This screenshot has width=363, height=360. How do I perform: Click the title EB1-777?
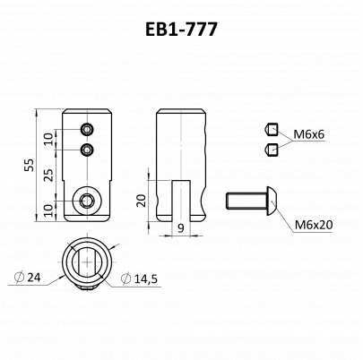[181, 30]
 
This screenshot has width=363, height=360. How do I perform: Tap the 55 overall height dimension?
[30, 165]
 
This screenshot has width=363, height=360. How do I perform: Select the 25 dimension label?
[49, 176]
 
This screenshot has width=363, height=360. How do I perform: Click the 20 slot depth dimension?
[143, 201]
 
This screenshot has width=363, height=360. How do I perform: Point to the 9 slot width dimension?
[181, 228]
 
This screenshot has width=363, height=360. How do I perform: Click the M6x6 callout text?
[308, 134]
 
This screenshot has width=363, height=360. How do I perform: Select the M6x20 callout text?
[314, 225]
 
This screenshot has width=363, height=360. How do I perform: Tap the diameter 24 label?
[28, 278]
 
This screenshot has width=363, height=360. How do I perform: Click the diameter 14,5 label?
[139, 279]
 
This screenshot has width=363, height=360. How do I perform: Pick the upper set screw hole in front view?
[87, 130]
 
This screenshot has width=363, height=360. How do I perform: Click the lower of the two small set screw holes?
[87, 150]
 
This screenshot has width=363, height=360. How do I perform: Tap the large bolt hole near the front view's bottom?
[87, 201]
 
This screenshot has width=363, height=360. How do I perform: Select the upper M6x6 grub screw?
[272, 130]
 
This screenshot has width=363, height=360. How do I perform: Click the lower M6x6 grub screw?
[272, 149]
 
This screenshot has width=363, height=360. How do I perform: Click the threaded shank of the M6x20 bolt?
[246, 201]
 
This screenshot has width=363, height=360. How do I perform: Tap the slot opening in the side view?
[181, 201]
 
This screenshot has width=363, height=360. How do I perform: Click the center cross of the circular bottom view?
[87, 262]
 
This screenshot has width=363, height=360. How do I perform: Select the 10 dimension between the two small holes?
[49, 139]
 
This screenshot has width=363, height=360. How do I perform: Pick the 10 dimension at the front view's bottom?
[49, 210]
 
